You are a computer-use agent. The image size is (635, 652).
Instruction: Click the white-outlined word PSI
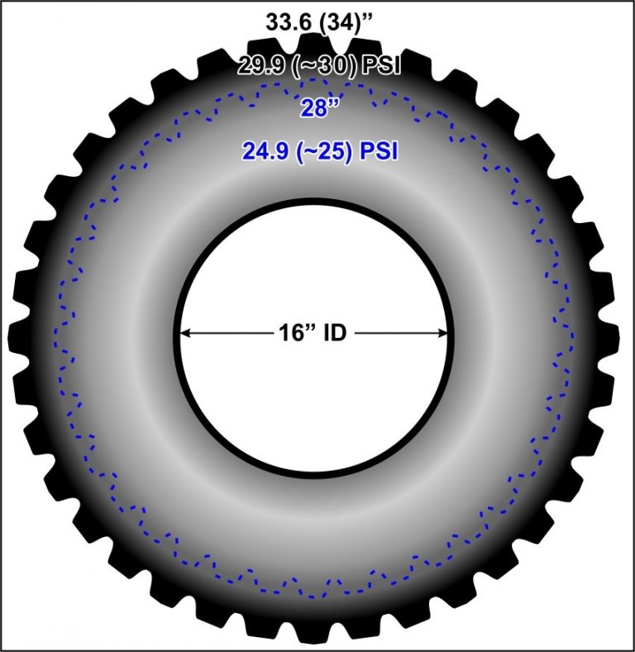[x=381, y=65]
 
